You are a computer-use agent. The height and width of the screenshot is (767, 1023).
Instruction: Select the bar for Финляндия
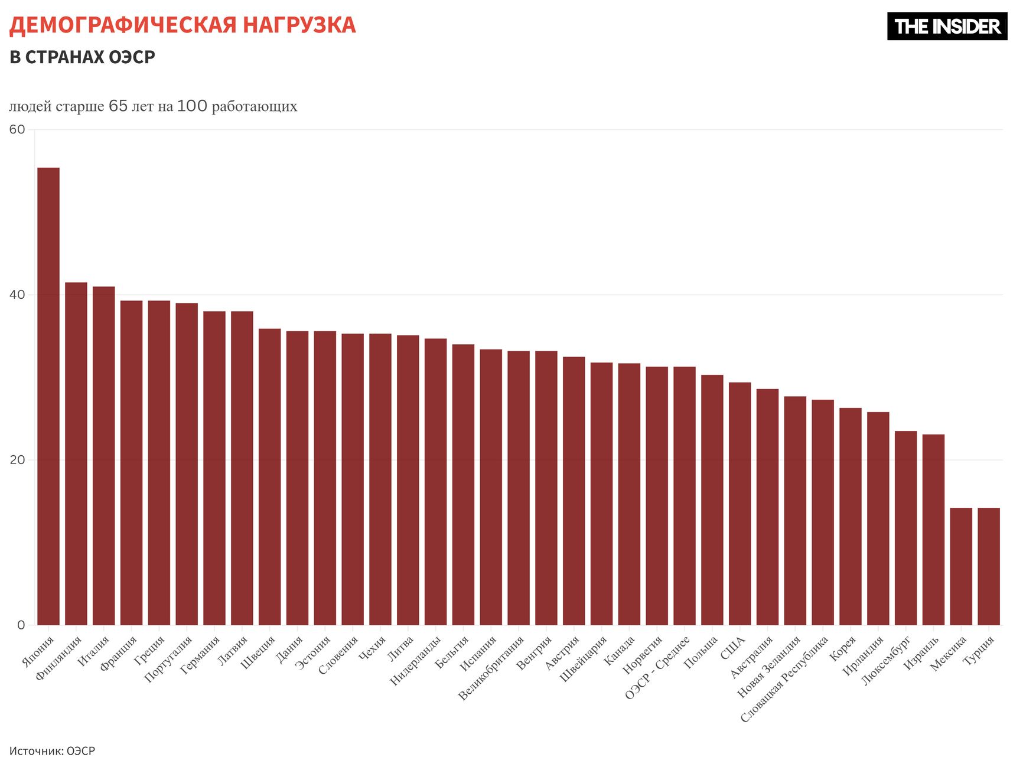click(x=76, y=453)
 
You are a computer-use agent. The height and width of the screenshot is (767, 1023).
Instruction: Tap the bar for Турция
click(x=989, y=566)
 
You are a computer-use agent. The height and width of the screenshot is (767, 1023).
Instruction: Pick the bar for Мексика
click(x=961, y=566)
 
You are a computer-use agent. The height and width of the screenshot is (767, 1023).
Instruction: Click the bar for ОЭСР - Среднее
click(x=685, y=495)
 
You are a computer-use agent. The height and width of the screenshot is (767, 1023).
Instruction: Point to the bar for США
click(x=739, y=503)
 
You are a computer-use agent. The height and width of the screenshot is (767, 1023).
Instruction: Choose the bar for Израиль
click(x=933, y=529)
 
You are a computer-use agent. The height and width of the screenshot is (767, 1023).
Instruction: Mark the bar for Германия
click(x=214, y=468)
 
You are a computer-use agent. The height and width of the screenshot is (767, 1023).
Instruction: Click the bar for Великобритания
click(x=519, y=488)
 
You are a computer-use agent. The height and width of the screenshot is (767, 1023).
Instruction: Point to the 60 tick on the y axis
click(x=17, y=129)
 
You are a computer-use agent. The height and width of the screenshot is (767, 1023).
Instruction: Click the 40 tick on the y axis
click(x=17, y=295)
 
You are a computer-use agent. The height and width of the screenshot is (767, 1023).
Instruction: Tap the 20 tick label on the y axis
click(x=17, y=460)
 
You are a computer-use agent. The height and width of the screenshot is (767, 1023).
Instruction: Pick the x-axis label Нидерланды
click(x=416, y=661)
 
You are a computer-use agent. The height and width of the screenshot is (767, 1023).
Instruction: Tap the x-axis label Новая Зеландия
click(x=768, y=667)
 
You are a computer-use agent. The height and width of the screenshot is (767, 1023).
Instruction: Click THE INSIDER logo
click(x=947, y=27)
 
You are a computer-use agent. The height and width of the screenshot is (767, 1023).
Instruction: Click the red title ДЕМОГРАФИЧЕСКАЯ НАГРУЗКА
click(x=183, y=25)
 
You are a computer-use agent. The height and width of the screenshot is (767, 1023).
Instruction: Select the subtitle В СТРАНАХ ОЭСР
click(x=82, y=57)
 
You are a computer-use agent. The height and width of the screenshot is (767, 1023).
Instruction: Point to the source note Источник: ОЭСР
click(x=52, y=751)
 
